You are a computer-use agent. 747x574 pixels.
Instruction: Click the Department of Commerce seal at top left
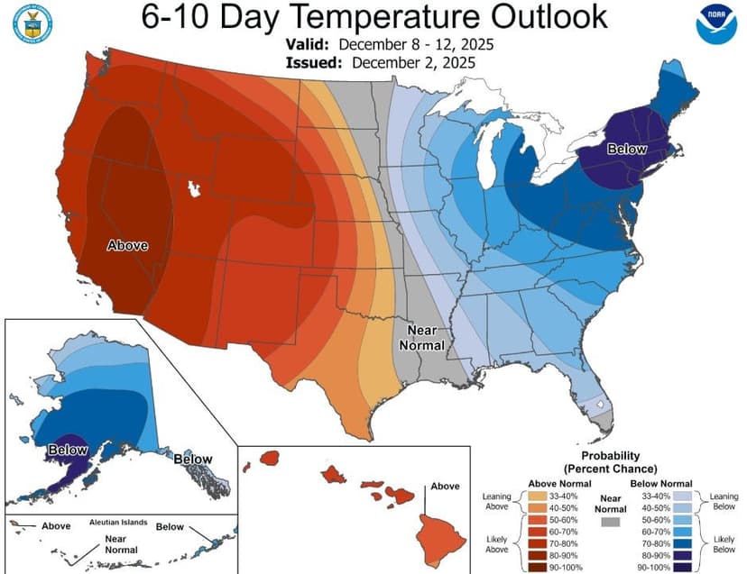pyautogui.click(x=30, y=25)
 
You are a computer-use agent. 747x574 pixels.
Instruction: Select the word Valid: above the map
pyautogui.click(x=310, y=44)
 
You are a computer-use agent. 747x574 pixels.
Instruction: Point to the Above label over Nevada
pyautogui.click(x=127, y=245)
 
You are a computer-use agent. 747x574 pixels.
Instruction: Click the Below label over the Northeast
pyautogui.click(x=627, y=149)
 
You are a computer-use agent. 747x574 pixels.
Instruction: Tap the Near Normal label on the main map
pyautogui.click(x=423, y=338)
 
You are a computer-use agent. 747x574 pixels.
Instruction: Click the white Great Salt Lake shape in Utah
pyautogui.click(x=191, y=189)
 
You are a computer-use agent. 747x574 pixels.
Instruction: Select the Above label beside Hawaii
pyautogui.click(x=445, y=487)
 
